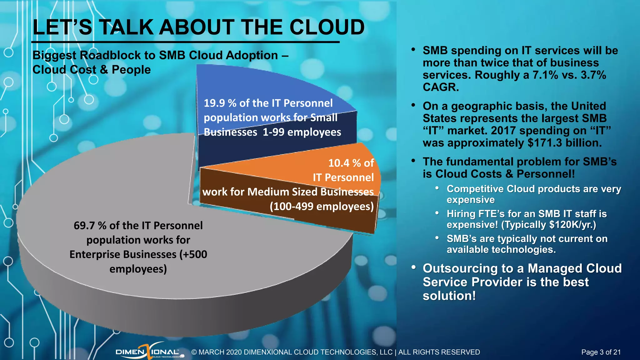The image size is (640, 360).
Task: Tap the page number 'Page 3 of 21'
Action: coord(601,352)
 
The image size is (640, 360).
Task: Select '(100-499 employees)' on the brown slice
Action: coord(322,207)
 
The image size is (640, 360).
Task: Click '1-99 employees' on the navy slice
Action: coord(302,132)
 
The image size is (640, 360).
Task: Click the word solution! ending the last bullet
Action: coord(449,296)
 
